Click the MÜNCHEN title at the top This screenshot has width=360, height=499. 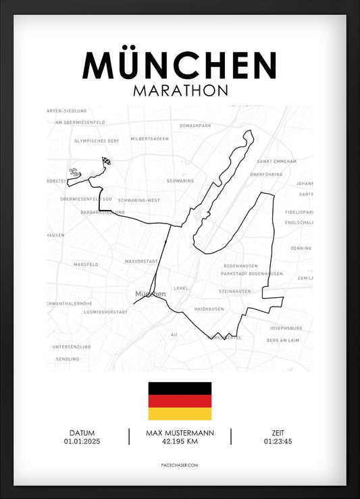point(180,65)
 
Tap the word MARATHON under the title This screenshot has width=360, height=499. point(180,90)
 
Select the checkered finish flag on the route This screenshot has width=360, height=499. point(107,161)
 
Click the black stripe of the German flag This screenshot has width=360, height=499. point(180,388)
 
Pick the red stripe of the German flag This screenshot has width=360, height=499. point(180,401)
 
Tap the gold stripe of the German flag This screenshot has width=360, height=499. point(180,413)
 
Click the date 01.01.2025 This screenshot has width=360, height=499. point(82,442)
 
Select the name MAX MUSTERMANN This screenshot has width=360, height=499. point(180,434)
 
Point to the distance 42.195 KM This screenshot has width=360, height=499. point(180,442)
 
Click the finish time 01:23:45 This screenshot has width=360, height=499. point(278,442)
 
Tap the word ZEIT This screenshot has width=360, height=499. point(278,434)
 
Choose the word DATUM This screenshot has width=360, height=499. point(82,434)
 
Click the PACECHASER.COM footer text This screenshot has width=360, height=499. point(180,465)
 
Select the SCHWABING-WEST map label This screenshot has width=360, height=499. point(138,201)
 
